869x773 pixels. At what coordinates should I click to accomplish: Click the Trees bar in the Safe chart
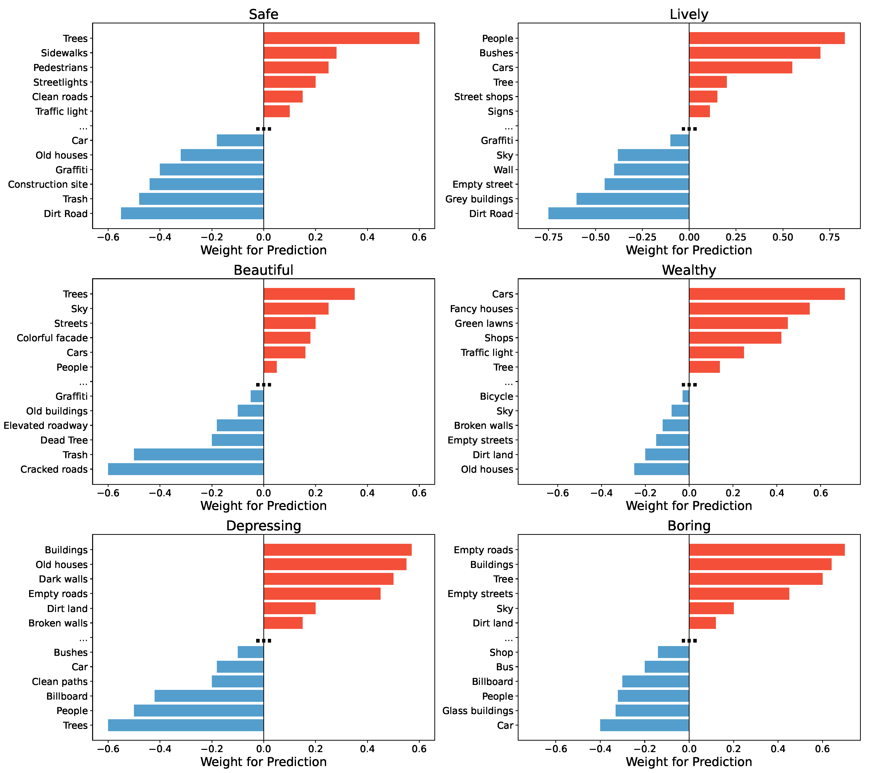[x=341, y=38]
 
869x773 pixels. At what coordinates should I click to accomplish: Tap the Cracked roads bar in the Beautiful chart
[x=186, y=469]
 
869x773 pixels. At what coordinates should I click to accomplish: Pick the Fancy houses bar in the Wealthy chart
[x=749, y=309]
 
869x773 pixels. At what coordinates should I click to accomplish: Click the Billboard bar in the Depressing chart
[x=209, y=696]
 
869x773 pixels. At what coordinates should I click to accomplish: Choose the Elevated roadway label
[x=46, y=425]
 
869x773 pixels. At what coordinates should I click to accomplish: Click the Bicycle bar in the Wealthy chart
[x=685, y=396]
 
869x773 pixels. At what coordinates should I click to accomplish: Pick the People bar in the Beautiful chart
[x=270, y=367]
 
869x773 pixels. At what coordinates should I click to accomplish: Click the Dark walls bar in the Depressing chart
[x=328, y=579]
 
